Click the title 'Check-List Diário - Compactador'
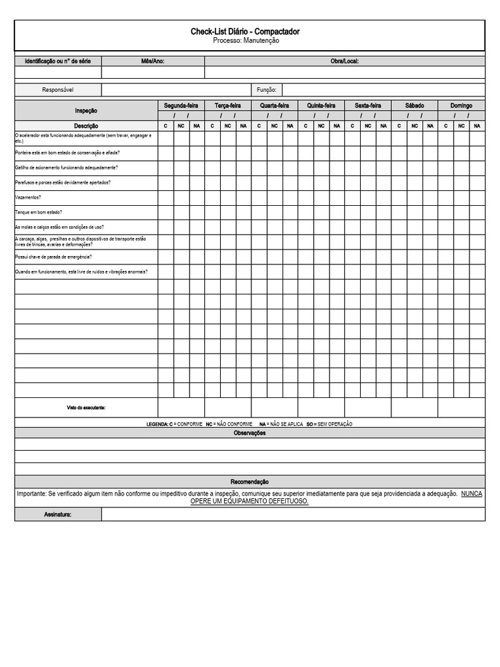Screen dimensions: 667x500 point(245,31)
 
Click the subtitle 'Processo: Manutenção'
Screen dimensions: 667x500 point(245,40)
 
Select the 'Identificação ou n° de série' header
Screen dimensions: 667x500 point(58,61)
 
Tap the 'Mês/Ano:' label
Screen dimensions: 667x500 point(153,61)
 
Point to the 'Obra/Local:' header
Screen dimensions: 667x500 point(344,61)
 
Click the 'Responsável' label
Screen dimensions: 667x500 point(58,90)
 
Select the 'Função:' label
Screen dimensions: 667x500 point(266,90)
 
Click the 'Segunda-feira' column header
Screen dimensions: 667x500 point(181,106)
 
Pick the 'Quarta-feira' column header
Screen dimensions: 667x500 point(274,106)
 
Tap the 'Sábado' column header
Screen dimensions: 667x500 point(414,106)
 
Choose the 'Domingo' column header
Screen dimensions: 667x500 point(461,106)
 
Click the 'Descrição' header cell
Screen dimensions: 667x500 point(86,126)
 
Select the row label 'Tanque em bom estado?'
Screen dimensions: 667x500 point(38,212)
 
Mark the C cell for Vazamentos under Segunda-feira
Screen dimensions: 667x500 point(165,197)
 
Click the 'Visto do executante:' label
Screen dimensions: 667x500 point(86,408)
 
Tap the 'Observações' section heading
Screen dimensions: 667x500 point(249,433)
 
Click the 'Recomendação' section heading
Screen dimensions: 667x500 point(249,482)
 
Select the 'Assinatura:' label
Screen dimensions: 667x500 point(58,515)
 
